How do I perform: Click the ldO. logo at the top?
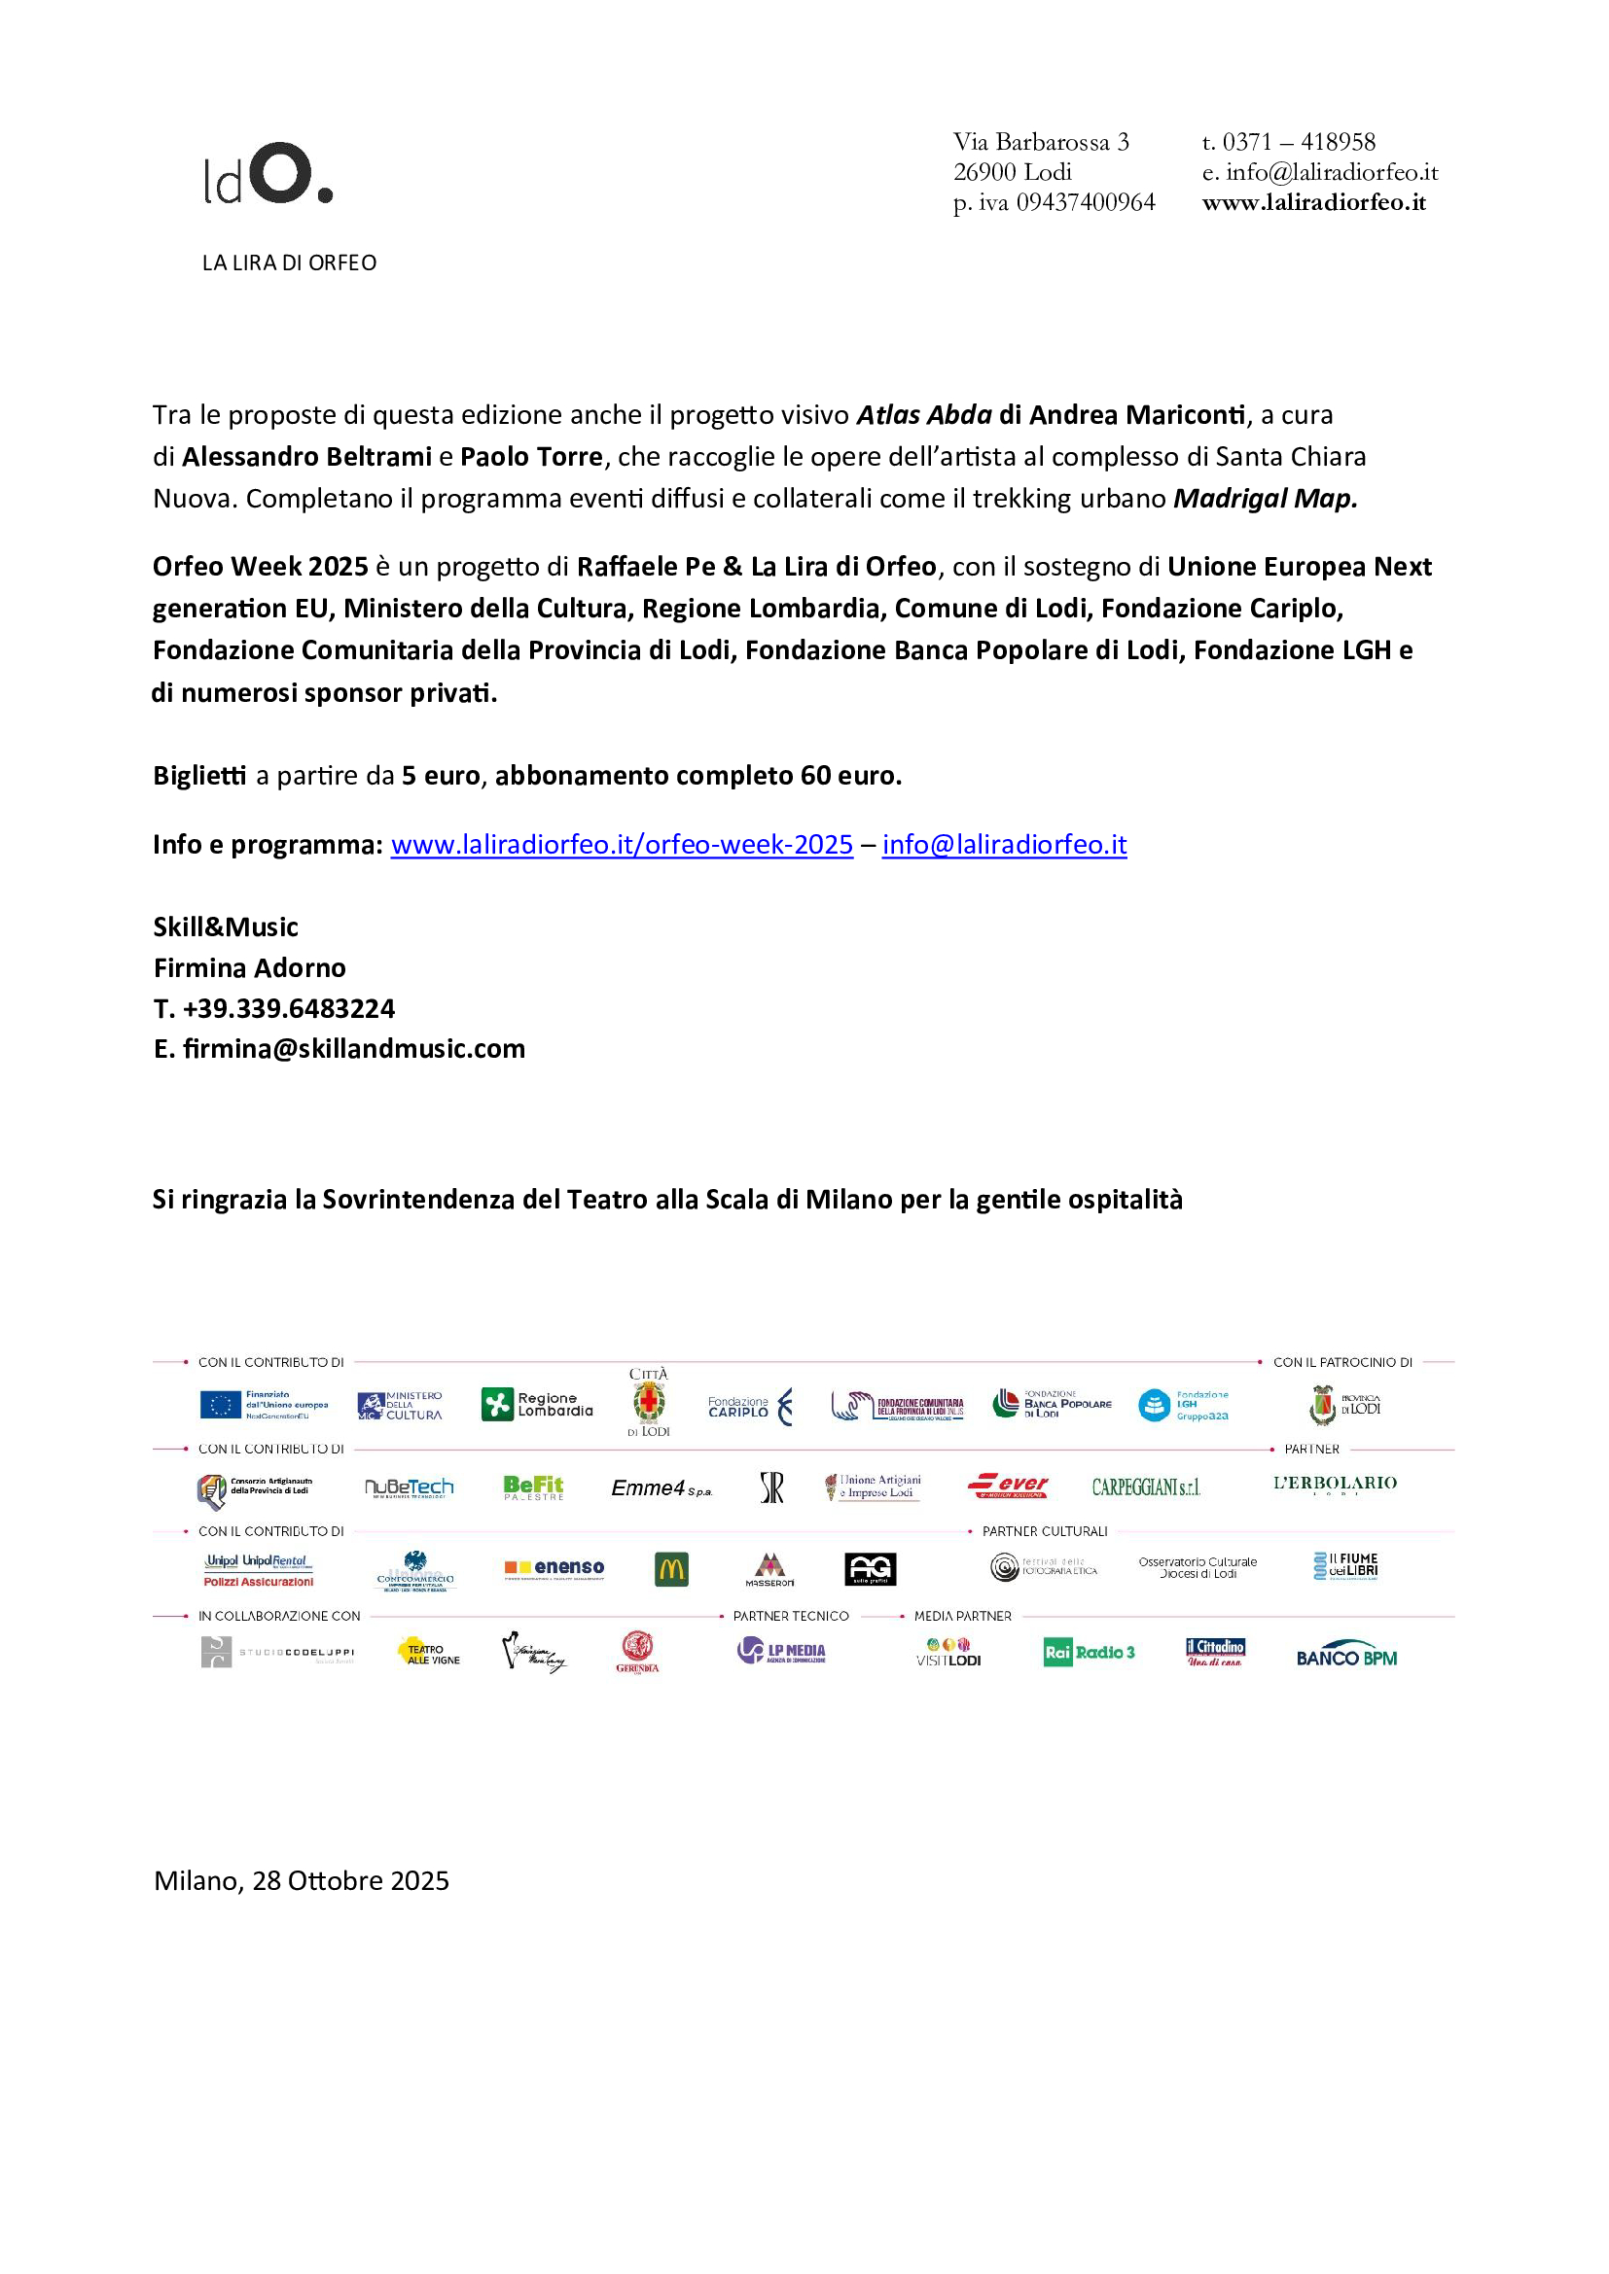[268, 174]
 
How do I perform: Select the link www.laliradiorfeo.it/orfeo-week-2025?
[622, 845]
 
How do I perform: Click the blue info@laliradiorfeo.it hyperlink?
[1004, 845]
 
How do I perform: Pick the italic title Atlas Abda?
[923, 415]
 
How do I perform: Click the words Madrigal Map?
[1265, 498]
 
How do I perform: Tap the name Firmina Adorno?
[250, 967]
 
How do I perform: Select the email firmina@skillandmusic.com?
[354, 1049]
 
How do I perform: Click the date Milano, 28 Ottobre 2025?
[302, 1880]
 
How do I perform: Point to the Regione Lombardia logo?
[537, 1405]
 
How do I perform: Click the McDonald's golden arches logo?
[672, 1569]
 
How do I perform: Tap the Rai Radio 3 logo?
[1089, 1652]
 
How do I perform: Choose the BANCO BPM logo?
[1346, 1656]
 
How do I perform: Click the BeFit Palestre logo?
[533, 1487]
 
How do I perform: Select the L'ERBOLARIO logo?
[1335, 1484]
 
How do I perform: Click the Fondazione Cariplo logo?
[750, 1407]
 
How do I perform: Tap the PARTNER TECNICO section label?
[791, 1616]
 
